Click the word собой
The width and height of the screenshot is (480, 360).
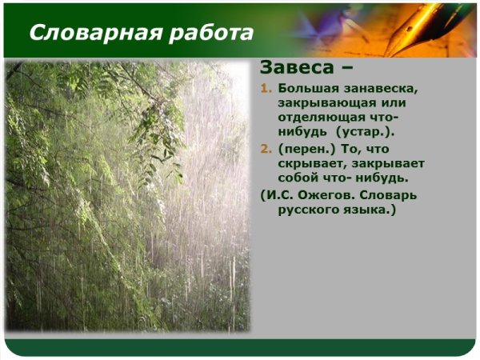pyautogui.click(x=299, y=177)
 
